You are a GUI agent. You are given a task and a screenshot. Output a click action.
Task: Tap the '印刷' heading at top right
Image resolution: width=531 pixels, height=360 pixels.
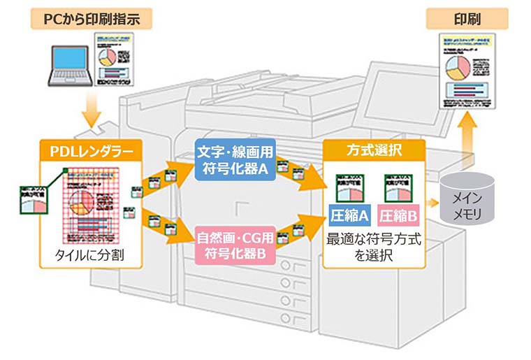tap(459, 18)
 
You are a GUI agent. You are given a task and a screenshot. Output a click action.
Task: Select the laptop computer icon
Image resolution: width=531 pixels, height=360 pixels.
tap(68, 64)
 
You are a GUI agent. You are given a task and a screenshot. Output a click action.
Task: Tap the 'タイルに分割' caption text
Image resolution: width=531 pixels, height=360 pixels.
tap(89, 255)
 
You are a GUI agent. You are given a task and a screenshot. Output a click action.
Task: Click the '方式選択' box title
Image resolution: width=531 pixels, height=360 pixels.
tap(374, 150)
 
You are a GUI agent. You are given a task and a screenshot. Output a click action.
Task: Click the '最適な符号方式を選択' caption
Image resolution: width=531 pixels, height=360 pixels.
tap(374, 247)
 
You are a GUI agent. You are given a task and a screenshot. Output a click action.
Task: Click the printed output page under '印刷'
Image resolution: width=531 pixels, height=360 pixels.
tap(467, 70)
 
